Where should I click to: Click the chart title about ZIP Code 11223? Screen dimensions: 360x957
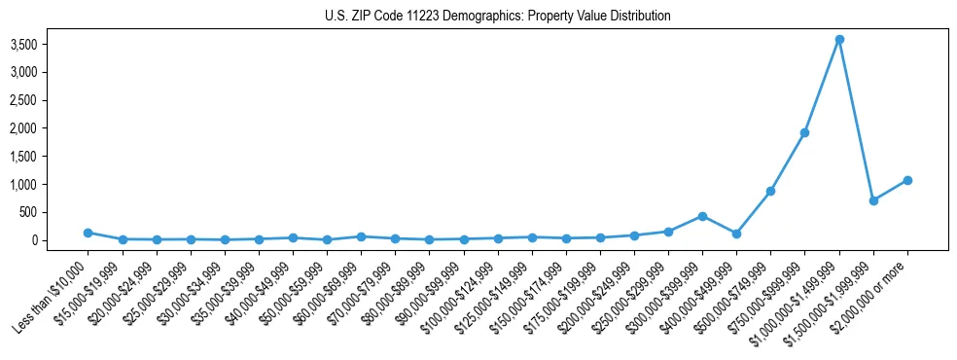497,17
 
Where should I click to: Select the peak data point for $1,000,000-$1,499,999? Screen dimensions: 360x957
839,40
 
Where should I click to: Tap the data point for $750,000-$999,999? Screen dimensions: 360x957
805,132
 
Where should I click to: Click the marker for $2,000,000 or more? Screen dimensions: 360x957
907,180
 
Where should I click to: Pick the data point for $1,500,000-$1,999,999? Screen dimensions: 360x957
873,200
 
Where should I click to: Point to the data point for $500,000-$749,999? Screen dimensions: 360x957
771,192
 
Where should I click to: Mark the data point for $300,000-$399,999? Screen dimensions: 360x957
702,216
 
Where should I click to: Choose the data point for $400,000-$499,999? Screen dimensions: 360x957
736,234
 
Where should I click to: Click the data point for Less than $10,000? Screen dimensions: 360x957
88,233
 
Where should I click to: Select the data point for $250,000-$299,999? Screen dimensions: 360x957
668,232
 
